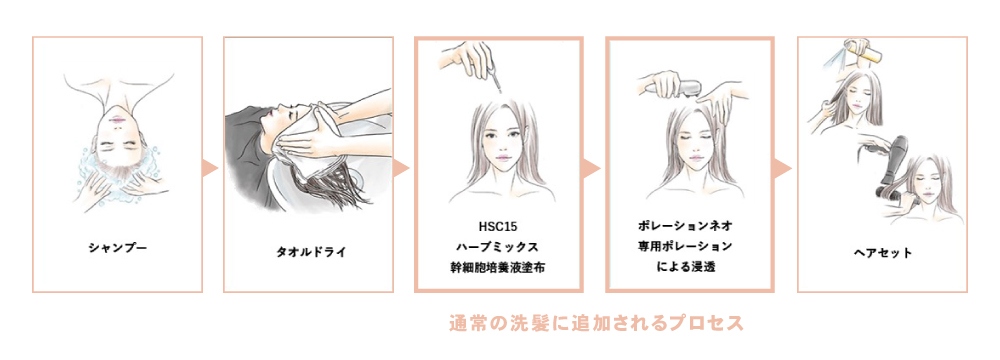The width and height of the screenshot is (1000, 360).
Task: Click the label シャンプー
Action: coord(117,246)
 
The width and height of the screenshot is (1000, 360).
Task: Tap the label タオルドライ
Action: coord(309,251)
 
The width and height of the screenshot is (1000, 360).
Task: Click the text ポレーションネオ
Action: coord(689,225)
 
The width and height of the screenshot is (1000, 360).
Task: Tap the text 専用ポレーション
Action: coord(689,246)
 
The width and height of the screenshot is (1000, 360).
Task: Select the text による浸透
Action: coord(689,267)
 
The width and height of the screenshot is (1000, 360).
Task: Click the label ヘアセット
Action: coord(883,253)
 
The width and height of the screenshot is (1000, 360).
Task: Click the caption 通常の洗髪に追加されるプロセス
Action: coord(596,323)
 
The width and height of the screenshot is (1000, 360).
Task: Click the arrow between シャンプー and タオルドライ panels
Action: coord(211,169)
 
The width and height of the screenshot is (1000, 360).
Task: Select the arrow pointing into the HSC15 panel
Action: coord(401,169)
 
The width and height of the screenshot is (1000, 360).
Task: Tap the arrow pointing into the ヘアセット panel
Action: coord(783,169)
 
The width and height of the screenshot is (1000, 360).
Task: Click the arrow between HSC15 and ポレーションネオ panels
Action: coord(592,169)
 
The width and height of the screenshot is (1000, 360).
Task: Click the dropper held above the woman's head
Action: coord(494,80)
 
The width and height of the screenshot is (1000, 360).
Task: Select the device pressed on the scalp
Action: coord(683,87)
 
